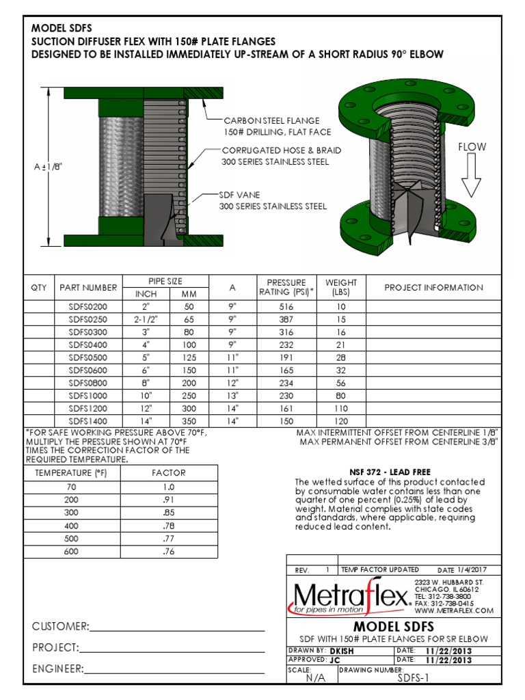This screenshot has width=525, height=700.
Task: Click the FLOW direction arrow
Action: coord(472,176)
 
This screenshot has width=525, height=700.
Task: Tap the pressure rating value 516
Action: coord(286,306)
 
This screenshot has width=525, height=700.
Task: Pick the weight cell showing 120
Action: coord(341,422)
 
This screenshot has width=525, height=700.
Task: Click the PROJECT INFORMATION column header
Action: coord(433,288)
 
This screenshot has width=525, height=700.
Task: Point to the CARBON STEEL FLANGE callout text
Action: coord(271,121)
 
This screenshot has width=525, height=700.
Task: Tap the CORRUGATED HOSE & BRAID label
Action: coord(281,150)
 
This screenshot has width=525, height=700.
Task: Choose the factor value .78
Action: coord(169,525)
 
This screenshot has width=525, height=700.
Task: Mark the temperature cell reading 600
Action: coord(71,551)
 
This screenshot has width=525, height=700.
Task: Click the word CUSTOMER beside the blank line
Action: coord(60,627)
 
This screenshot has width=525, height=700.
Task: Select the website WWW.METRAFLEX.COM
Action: coord(453,610)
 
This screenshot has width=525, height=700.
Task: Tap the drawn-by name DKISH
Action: coord(341,651)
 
